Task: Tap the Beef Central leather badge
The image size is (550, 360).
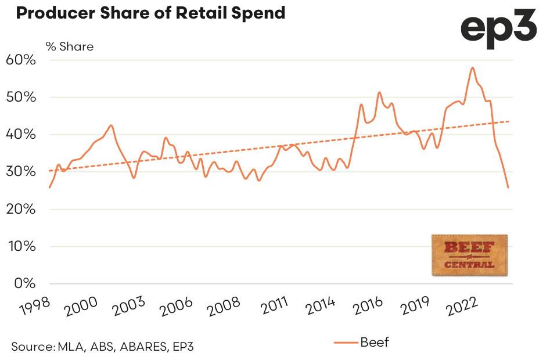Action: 470,255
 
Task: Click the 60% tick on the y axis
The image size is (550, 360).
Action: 21,60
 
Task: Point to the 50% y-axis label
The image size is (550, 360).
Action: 21,98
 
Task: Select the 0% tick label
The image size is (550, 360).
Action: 25,284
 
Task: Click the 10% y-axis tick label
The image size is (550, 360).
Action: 21,247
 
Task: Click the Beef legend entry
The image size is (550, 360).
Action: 361,343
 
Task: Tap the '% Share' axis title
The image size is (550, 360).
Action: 70,46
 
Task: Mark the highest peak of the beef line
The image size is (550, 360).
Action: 473,68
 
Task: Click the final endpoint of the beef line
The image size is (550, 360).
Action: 508,188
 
